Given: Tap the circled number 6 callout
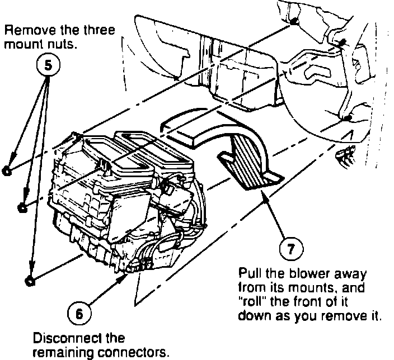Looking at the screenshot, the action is click(79, 313).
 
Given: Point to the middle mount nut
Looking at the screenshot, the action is click(22, 207).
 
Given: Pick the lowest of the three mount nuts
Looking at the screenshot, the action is click(29, 278).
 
